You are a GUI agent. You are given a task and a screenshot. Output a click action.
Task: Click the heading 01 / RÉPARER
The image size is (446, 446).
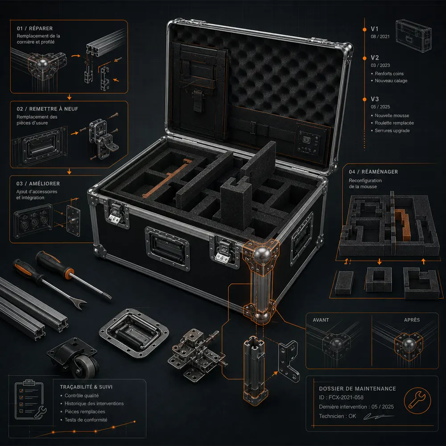point(35,29)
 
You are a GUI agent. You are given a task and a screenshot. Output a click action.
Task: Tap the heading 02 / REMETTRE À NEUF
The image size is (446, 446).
point(47,109)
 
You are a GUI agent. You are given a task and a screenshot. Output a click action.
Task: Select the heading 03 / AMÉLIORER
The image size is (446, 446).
point(38,184)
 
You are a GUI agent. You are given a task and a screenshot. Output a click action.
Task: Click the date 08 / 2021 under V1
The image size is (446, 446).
point(380,37)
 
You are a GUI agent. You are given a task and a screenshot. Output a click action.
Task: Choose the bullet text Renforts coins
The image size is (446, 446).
point(389,74)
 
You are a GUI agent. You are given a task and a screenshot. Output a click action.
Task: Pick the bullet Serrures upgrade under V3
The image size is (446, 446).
point(392,131)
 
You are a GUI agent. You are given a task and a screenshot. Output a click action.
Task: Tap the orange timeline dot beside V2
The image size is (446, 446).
point(365,58)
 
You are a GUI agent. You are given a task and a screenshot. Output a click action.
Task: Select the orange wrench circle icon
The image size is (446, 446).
point(417,401)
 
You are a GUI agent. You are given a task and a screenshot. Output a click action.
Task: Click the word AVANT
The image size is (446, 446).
point(321,320)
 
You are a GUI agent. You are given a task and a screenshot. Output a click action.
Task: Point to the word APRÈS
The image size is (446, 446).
point(412,320)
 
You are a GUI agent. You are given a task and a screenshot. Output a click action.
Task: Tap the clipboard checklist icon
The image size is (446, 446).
point(29,400)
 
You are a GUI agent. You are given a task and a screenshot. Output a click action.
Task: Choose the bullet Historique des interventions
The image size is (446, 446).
point(94,404)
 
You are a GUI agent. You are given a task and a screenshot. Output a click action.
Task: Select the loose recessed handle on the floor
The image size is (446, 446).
point(134,333)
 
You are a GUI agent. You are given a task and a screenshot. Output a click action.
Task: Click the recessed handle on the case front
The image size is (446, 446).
point(168,248)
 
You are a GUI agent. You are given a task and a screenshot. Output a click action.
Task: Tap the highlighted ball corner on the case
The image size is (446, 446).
point(261,254)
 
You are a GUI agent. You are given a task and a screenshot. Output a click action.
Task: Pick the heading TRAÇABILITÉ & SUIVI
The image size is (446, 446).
point(86,387)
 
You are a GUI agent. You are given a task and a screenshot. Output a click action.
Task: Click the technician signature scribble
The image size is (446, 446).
point(378,417)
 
